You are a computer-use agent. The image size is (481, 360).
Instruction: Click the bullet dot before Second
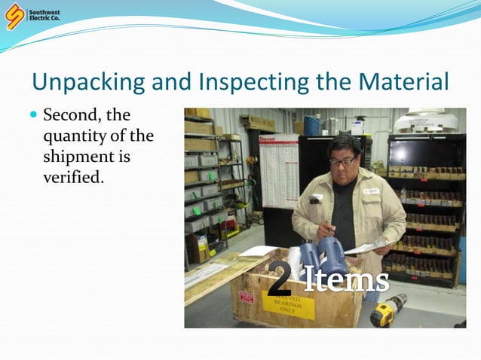click(x=33, y=116)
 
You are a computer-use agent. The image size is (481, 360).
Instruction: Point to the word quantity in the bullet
click(x=77, y=138)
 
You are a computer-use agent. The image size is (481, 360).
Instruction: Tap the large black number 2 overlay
click(x=279, y=279)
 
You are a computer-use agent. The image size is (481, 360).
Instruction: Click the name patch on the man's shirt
click(x=370, y=191)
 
